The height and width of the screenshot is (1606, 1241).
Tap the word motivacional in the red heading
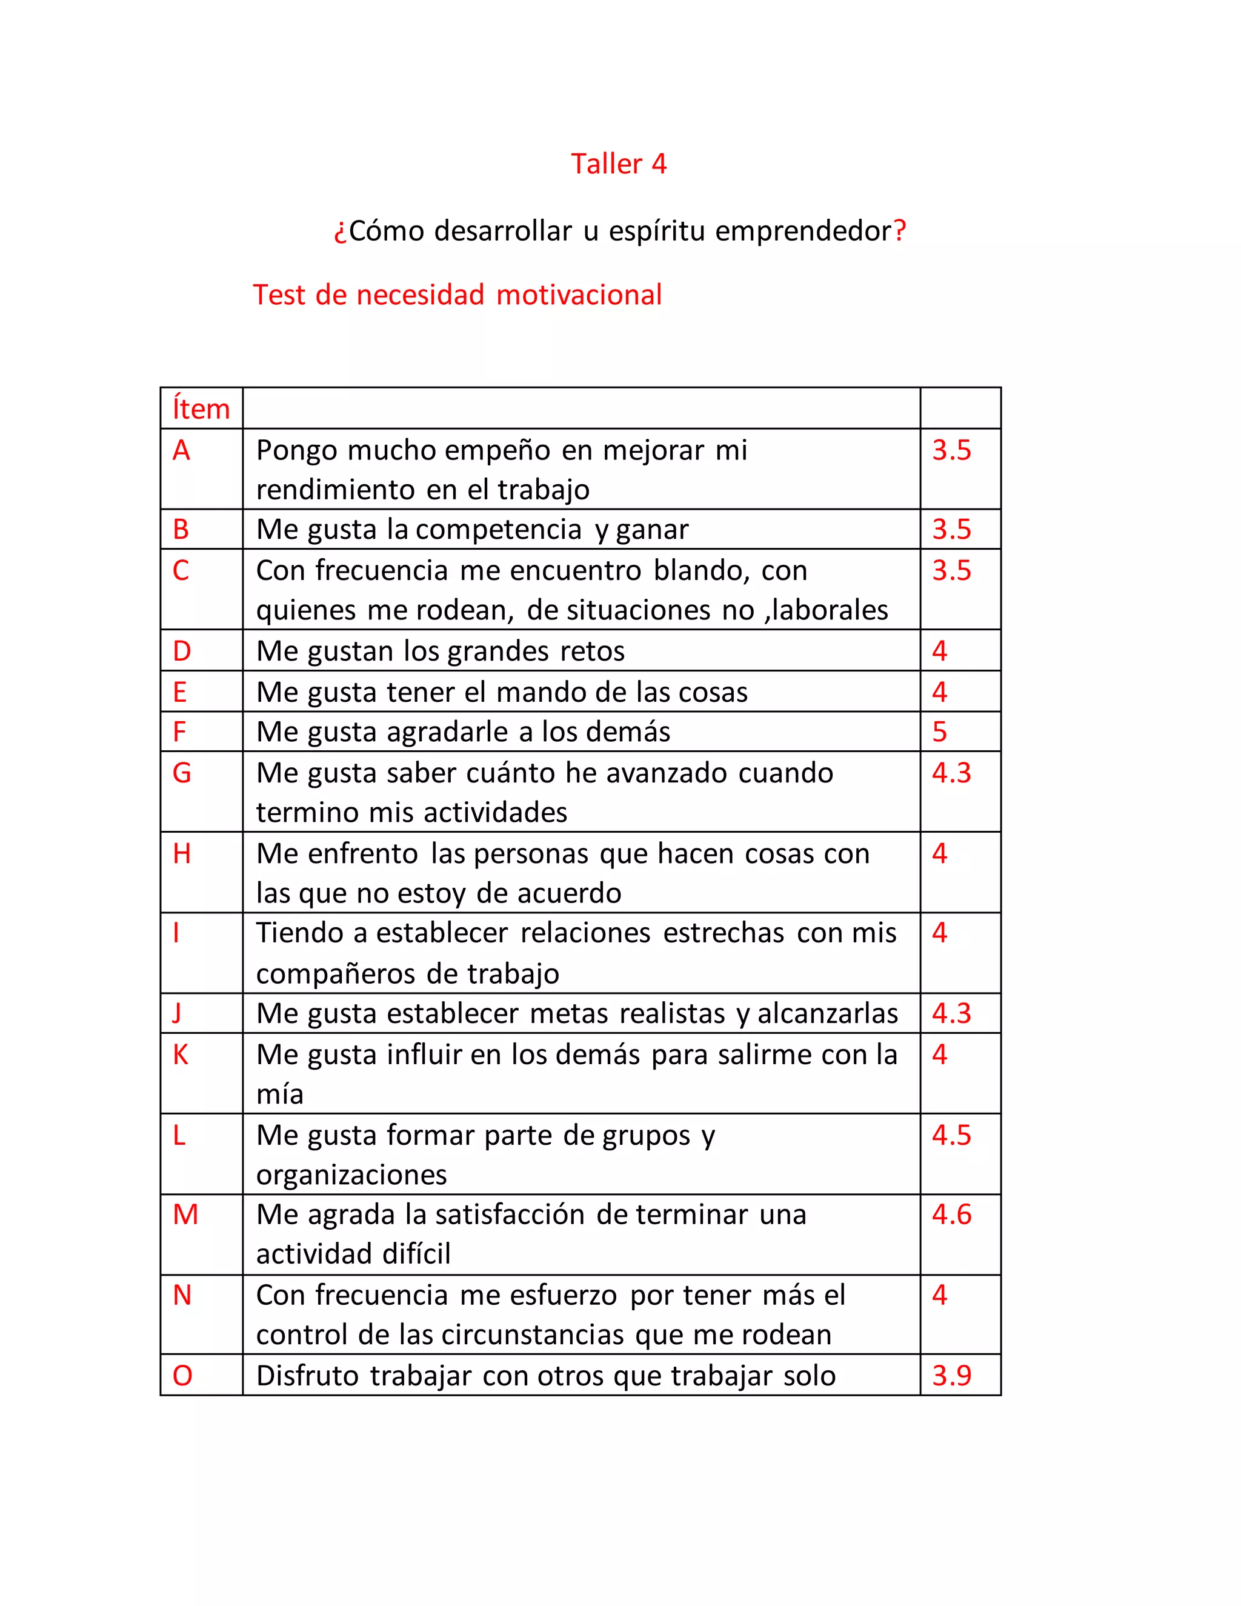579,295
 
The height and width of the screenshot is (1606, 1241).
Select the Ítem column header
201,409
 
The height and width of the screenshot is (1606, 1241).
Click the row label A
181,450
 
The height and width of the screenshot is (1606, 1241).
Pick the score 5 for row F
940,731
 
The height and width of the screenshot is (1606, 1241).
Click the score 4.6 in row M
951,1214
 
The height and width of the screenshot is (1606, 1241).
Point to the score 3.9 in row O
951,1375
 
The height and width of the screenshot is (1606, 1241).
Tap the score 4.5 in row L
951,1135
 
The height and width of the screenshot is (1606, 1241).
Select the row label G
182,773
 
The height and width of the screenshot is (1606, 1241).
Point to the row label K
180,1055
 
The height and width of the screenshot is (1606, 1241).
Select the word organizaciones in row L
351,1175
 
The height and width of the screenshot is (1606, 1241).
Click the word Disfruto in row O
307,1376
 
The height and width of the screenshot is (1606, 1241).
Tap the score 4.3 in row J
951,1013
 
